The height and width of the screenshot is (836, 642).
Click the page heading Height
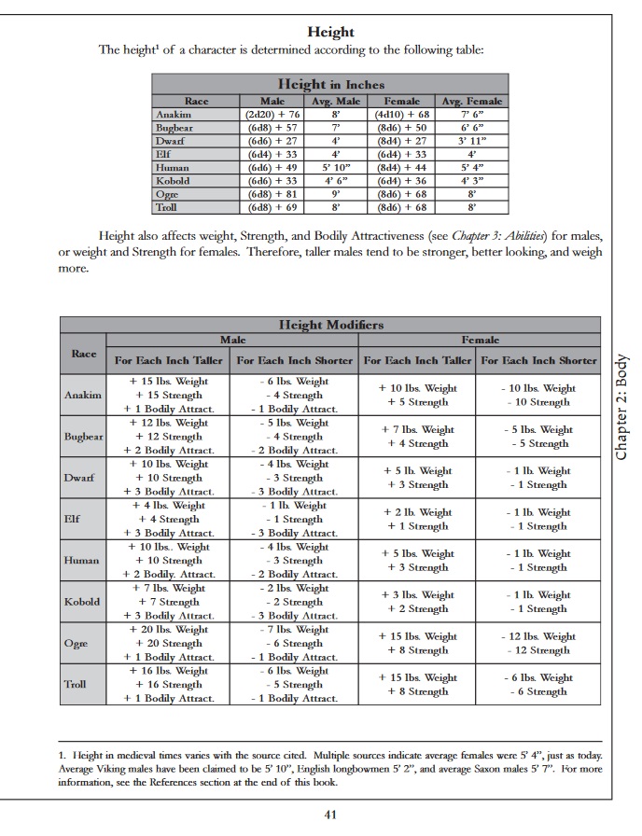coord(331,33)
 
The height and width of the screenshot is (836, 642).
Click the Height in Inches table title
coord(331,84)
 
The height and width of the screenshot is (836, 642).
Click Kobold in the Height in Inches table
coord(173,180)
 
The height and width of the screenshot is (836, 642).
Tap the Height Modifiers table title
coord(331,325)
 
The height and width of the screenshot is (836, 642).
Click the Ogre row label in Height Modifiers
coord(77,643)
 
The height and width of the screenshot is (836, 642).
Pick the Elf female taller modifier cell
coord(417,519)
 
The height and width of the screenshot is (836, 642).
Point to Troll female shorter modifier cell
coord(537,684)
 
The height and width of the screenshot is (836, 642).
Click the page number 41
coord(329,814)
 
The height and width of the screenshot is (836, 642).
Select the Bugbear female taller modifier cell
coord(417,436)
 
